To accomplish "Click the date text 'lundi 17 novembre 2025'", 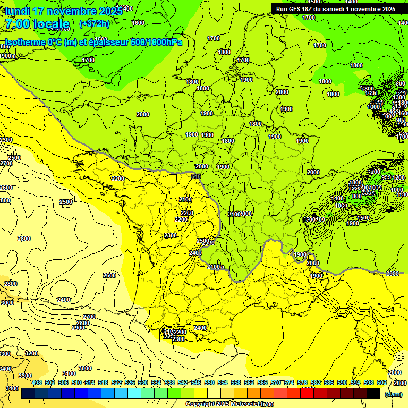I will [58, 11].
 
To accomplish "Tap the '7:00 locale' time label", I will [37, 24].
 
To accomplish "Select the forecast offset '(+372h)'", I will [95, 24].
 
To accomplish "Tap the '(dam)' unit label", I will [393, 394].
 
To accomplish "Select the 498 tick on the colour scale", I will [37, 382].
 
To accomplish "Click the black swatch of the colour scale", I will [373, 394].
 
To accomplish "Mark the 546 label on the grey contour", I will [196, 176].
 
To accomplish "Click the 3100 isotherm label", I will [69, 373].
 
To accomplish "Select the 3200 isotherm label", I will [31, 353].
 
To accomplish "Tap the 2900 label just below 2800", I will [78, 328].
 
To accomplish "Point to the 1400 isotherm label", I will [338, 198].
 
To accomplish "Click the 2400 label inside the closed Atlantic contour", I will [64, 300].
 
